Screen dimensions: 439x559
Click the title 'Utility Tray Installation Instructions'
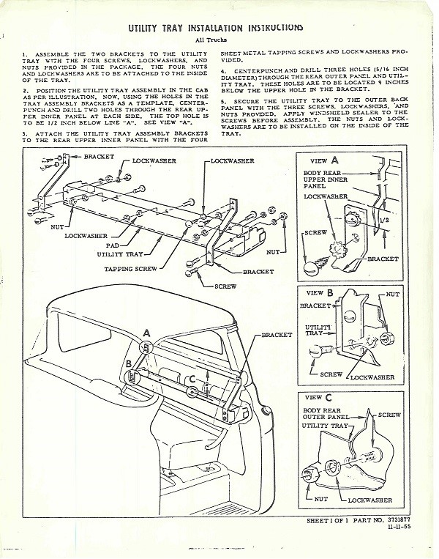click(215, 28)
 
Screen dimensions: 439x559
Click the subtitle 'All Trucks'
click(211, 40)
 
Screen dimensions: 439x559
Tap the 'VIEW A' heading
click(324, 160)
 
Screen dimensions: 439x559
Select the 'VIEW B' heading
click(320, 293)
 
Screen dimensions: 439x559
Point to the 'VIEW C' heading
click(318, 397)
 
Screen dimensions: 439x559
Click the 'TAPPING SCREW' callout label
click(130, 269)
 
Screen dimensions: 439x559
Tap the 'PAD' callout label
click(112, 245)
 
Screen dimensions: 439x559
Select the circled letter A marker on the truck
click(146, 347)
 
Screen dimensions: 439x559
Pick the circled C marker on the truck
click(192, 391)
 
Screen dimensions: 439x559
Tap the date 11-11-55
click(399, 527)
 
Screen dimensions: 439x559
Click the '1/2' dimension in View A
click(384, 220)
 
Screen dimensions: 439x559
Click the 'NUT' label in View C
click(320, 500)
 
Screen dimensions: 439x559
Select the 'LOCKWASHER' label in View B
click(372, 377)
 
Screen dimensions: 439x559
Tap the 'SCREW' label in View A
click(315, 232)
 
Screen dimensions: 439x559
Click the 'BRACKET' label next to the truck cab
click(277, 335)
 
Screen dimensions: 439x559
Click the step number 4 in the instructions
click(224, 71)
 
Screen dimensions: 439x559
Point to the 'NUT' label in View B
click(393, 295)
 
